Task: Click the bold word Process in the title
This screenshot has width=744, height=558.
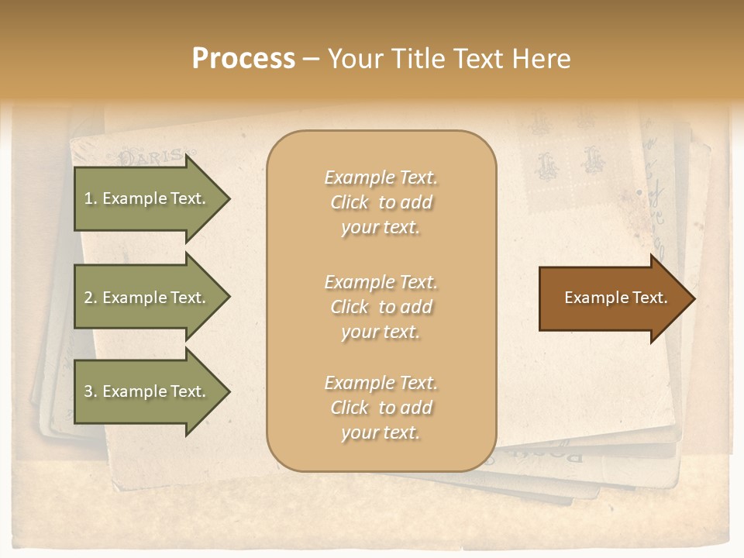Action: click(x=243, y=59)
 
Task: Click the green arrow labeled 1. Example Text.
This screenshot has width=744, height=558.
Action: click(x=147, y=198)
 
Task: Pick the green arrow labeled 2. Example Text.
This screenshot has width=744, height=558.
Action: click(x=147, y=298)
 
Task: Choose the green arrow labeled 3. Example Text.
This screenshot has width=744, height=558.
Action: click(x=147, y=391)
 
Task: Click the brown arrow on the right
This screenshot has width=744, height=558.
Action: click(x=612, y=298)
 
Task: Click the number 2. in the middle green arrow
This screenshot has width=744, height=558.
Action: click(x=91, y=298)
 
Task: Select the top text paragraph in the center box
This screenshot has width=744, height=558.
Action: click(x=381, y=202)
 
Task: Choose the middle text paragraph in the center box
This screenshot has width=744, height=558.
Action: click(x=381, y=307)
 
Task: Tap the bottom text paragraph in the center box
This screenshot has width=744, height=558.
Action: click(x=381, y=408)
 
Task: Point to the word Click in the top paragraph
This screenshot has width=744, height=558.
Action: click(x=350, y=202)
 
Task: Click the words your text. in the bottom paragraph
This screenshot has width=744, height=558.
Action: click(x=381, y=432)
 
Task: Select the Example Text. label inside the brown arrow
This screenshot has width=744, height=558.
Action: click(x=615, y=298)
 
